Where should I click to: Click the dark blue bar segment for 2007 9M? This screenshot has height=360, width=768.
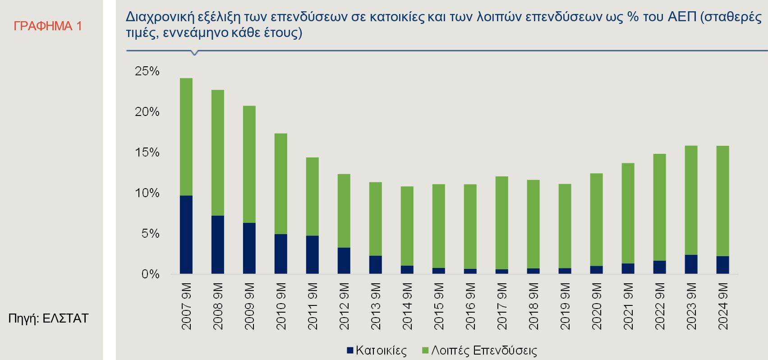point(186,235)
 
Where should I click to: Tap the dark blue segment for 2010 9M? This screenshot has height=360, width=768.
point(281,254)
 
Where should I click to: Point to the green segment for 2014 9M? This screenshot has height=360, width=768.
point(407,226)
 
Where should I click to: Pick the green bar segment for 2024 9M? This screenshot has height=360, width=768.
point(722,201)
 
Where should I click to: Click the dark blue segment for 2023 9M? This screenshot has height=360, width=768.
point(691,264)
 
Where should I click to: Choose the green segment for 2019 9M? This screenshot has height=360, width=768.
point(565,226)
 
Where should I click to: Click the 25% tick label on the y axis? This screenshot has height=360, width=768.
point(147,71)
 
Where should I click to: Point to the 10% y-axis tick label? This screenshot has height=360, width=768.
point(147,193)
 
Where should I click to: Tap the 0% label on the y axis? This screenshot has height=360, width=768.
point(150,274)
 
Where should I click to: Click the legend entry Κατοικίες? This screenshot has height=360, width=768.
point(381,351)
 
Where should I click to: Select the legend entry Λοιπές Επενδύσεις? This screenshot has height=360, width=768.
point(483,351)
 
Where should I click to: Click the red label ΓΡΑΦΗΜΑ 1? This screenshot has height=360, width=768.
point(48,26)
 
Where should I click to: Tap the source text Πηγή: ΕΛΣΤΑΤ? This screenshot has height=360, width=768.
point(48,318)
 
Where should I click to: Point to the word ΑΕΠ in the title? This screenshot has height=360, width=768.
point(681,18)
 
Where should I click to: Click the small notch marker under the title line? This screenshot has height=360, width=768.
point(194,53)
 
